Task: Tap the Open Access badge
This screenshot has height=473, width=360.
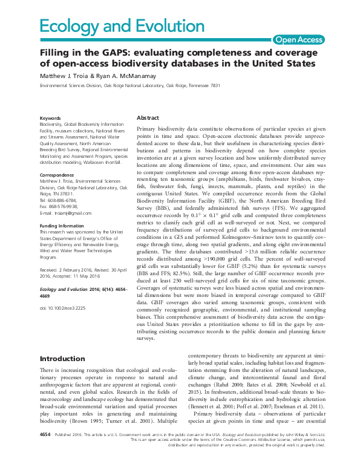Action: coord(298,40)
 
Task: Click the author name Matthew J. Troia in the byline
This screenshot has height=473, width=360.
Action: coord(67,77)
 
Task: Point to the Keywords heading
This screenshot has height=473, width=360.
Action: coord(50,118)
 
